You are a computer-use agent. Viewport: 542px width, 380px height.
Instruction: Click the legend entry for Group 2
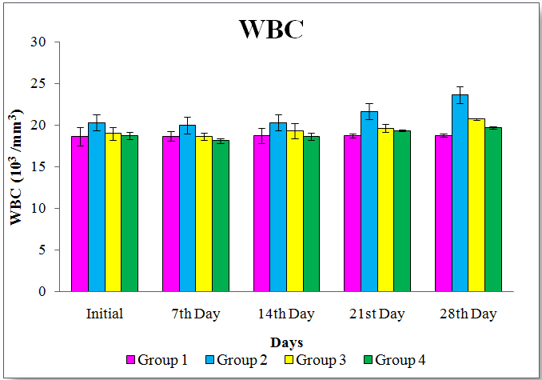(x=237, y=360)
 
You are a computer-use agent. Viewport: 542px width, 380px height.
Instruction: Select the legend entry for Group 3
(x=315, y=360)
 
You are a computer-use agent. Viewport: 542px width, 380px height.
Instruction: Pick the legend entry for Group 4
(x=393, y=360)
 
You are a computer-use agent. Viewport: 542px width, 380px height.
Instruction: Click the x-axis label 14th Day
(x=287, y=314)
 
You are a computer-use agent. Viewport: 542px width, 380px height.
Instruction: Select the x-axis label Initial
(x=105, y=314)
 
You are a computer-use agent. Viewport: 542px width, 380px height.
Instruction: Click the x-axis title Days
(x=285, y=342)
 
